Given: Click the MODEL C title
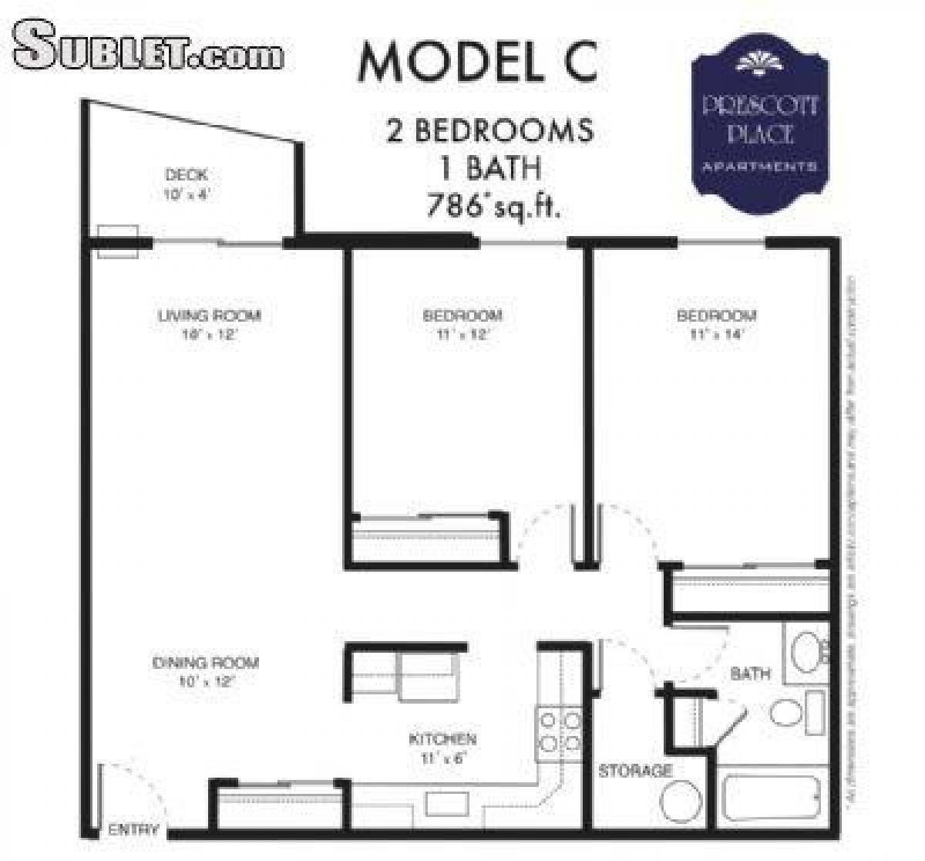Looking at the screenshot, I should [x=478, y=62].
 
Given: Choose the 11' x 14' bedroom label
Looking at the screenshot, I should [x=716, y=324].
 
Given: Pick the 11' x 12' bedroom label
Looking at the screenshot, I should [x=462, y=324].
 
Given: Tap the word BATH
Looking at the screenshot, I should [x=750, y=674].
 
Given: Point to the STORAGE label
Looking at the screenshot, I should [x=635, y=770].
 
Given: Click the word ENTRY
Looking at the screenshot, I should [x=133, y=830].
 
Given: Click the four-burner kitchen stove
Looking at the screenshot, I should [x=560, y=732].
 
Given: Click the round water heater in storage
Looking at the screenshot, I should [x=681, y=801].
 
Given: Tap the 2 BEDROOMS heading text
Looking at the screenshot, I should [x=490, y=131].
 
